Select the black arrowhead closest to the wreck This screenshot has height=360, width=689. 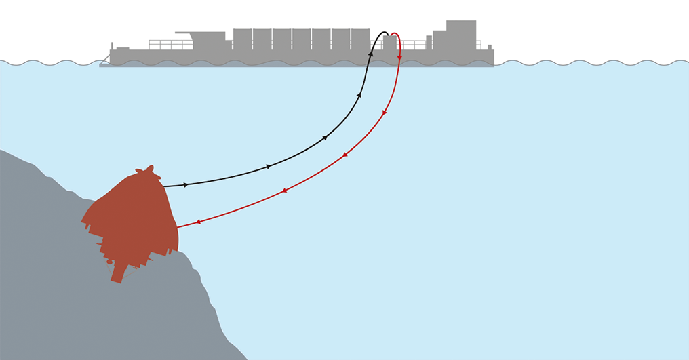tap(186, 184)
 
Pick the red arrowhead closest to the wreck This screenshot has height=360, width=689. tap(198, 222)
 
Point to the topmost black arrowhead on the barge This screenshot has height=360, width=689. tap(371, 52)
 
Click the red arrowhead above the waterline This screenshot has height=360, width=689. tap(399, 58)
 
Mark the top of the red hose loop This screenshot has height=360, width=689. tap(394, 33)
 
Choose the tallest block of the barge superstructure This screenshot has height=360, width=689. tap(460, 34)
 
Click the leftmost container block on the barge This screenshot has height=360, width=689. tap(242, 39)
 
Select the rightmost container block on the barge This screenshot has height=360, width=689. tap(360, 39)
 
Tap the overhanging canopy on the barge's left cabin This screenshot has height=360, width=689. tap(183, 33)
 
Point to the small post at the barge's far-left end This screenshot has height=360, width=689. tap(112, 45)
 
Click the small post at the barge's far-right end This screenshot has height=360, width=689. tap(490, 47)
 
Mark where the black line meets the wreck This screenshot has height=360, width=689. tap(163, 186)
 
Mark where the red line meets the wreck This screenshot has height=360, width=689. tap(177, 227)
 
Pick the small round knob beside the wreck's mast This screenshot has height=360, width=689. tap(110, 262)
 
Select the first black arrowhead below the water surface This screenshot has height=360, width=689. tap(359, 95)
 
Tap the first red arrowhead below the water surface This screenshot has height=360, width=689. tap(385, 112)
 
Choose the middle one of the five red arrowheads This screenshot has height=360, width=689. tap(344, 155)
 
